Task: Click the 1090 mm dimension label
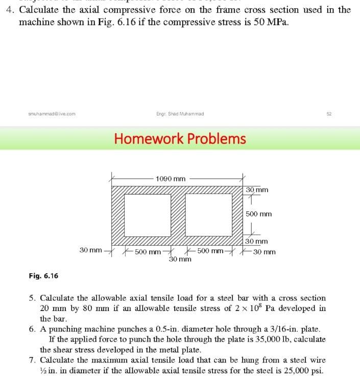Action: tap(171, 179)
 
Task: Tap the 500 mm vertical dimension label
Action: tap(258, 214)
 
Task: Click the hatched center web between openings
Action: tap(177, 214)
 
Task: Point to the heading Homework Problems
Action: tap(180, 138)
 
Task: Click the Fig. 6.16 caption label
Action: tap(43, 276)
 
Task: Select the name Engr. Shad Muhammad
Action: tap(180, 114)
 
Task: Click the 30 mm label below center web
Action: tap(180, 259)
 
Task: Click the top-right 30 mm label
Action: tap(256, 190)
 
